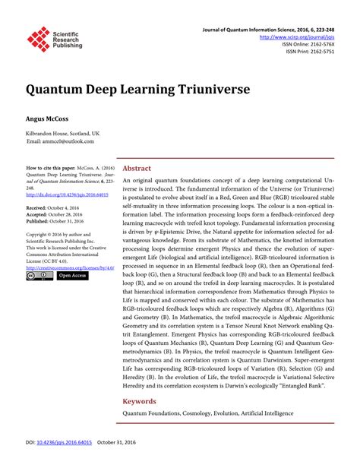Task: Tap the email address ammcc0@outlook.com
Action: point(65,142)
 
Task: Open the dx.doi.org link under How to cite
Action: point(68,194)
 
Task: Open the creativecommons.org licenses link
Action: point(69,267)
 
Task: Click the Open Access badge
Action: point(73,276)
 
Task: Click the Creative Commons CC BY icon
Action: point(39,276)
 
